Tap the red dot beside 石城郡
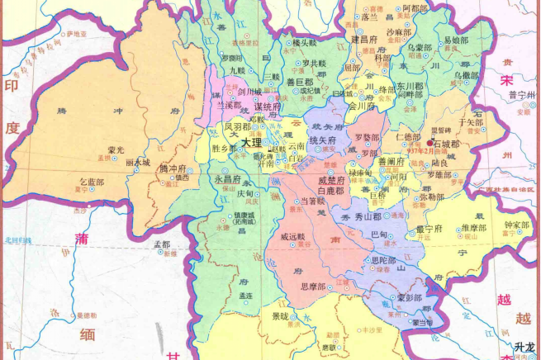pyautogui.click(x=430, y=143)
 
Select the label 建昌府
pyautogui.click(x=364, y=39)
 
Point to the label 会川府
pyautogui.click(x=362, y=107)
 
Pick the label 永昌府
pyautogui.click(x=228, y=178)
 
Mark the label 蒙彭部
pyautogui.click(x=410, y=298)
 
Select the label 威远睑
pyautogui.click(x=293, y=237)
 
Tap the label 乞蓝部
pyautogui.click(x=92, y=181)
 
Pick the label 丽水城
pyautogui.click(x=138, y=163)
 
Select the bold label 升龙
pyautogui.click(x=524, y=348)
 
